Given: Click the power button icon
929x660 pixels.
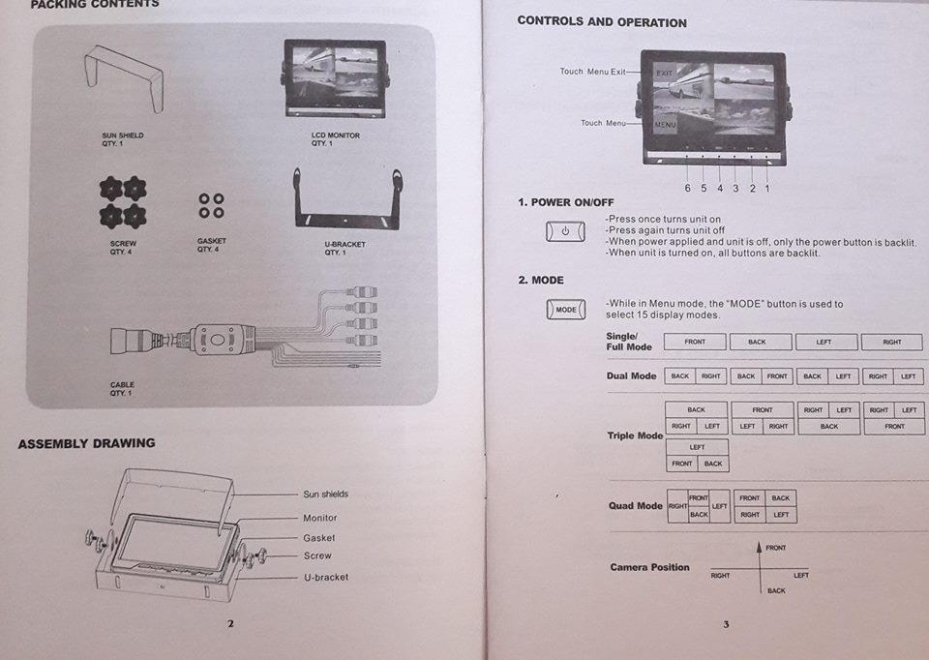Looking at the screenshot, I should click(x=566, y=231).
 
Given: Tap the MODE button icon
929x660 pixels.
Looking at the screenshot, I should click(x=566, y=310).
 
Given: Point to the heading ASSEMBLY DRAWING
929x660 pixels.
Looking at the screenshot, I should click(x=86, y=443).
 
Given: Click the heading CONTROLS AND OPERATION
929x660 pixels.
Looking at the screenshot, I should click(x=602, y=21).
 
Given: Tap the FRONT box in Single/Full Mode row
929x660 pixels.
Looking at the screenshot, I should click(x=695, y=342).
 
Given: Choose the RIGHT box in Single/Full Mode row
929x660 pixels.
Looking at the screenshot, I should click(x=891, y=342).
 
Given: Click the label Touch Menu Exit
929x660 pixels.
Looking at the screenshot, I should click(x=592, y=72).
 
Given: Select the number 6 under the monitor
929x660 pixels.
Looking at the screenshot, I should click(x=688, y=188).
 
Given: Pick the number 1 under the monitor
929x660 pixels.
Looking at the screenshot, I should click(x=767, y=188).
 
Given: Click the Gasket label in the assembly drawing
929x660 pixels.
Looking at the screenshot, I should click(x=319, y=538).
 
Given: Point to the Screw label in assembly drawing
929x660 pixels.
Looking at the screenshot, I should click(x=317, y=556).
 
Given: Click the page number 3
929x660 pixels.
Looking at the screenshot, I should click(x=725, y=624).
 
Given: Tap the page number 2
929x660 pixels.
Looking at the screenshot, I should click(x=230, y=623).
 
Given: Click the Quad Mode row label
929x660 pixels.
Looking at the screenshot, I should click(x=635, y=505).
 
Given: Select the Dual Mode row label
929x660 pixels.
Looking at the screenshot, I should click(x=631, y=375).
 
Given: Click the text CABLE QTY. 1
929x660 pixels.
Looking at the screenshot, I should click(x=122, y=389).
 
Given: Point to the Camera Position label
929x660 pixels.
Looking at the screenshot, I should click(x=649, y=567).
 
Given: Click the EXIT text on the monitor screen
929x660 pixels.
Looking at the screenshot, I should click(x=664, y=74).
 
